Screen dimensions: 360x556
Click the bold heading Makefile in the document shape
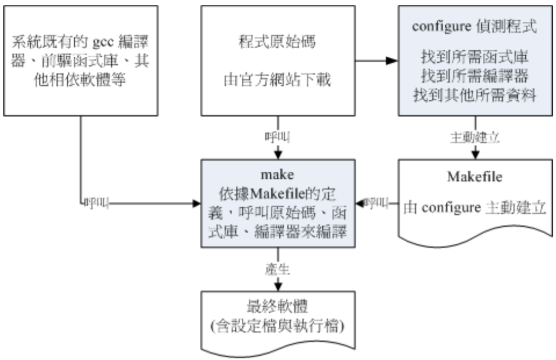[x=475, y=177]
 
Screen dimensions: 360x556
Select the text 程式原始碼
[x=278, y=42]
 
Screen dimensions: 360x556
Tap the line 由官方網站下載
[x=278, y=82]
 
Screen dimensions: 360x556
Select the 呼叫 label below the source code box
[x=277, y=136]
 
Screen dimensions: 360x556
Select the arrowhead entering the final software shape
[x=278, y=286]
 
